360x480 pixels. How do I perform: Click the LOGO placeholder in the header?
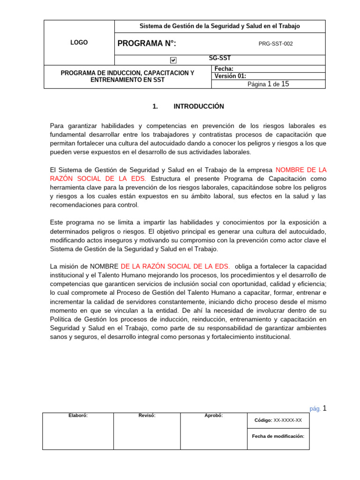pos(79,43)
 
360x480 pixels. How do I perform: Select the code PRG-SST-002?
pos(276,44)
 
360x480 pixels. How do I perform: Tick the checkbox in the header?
pos(173,60)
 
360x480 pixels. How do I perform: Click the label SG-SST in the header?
pos(219,59)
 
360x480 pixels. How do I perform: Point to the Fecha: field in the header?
pos(224,69)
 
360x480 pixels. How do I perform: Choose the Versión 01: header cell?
pos(230,76)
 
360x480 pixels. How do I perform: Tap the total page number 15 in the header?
pos(285,84)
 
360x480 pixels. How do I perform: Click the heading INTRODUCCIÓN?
pos(199,106)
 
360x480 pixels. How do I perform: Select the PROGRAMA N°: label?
pos(147,44)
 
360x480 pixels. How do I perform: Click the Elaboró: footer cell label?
pos(78,415)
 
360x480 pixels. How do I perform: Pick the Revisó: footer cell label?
pos(147,415)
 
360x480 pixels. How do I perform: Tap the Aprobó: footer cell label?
pos(214,415)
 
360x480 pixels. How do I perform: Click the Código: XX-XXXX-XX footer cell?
pos(278,420)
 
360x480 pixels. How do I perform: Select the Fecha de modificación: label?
pos(278,436)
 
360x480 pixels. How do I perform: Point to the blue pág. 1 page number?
pos(317,408)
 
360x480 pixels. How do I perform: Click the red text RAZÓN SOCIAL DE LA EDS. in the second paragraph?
pos(98,179)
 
